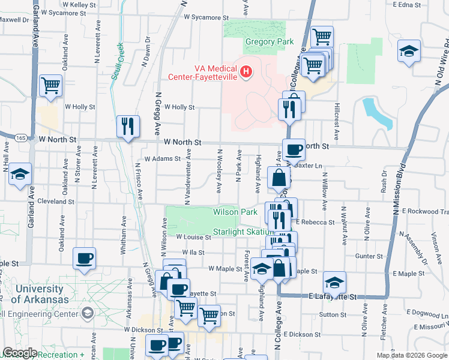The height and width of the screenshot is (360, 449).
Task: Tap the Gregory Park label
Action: (x=269, y=41)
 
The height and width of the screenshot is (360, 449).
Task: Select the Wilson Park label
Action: (x=235, y=212)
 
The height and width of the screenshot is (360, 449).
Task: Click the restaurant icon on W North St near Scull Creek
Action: (x=128, y=126)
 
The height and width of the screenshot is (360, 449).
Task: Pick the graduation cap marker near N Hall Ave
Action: (x=20, y=174)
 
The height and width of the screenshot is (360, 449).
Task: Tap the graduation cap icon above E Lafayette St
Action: (x=334, y=281)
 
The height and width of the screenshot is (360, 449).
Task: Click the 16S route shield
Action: (x=22, y=138)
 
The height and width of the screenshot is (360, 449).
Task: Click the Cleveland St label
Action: (x=56, y=202)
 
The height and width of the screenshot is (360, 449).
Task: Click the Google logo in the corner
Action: (x=20, y=353)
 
